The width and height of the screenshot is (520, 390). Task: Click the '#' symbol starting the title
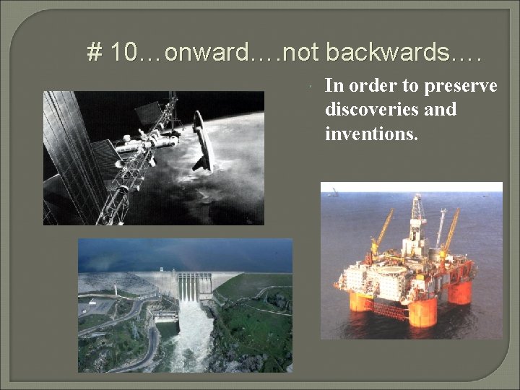tap(94, 53)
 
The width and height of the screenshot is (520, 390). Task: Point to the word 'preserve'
tap(461, 87)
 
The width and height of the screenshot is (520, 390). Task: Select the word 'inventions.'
tap(371, 133)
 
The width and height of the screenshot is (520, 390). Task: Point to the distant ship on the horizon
tap(334, 191)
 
